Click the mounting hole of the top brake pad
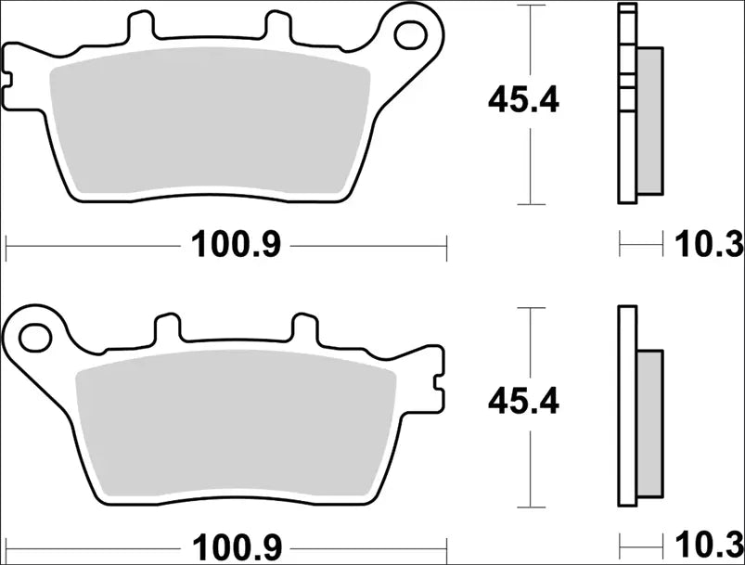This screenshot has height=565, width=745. pyautogui.click(x=409, y=34)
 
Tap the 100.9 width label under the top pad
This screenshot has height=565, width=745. pyautogui.click(x=236, y=245)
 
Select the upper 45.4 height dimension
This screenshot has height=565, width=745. pyautogui.click(x=524, y=100)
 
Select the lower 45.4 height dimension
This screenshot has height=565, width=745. pyautogui.click(x=524, y=402)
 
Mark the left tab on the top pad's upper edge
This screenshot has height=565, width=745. pyautogui.click(x=138, y=26)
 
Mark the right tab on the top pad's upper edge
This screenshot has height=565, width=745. pyautogui.click(x=276, y=26)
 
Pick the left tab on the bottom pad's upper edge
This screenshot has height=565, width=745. pyautogui.click(x=168, y=327)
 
